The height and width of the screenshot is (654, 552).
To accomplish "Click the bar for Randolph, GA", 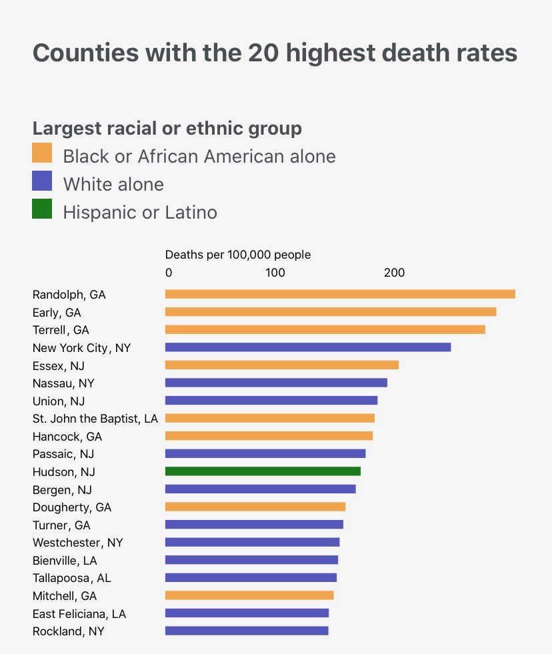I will click(340, 294).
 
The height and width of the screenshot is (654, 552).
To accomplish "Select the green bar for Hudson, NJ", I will click(263, 471).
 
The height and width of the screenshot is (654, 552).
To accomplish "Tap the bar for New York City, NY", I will click(308, 347).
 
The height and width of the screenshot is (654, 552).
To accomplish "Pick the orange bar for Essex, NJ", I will click(282, 365).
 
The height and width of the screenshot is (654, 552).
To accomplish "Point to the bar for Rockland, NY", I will click(247, 631).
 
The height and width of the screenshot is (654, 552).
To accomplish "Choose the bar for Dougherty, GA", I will click(255, 507).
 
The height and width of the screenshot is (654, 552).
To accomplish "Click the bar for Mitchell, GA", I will click(249, 595).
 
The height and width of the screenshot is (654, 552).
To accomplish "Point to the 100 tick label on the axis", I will click(275, 273).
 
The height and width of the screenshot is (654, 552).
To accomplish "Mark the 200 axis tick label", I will click(394, 273).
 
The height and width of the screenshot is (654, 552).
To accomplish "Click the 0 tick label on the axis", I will click(169, 273).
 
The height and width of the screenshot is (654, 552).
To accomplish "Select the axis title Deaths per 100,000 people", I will click(238, 255).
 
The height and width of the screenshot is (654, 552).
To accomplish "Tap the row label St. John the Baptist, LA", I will click(95, 419).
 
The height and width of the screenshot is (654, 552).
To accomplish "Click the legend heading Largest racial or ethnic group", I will click(167, 128).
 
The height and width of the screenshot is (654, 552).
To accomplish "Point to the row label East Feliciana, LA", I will click(79, 613).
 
